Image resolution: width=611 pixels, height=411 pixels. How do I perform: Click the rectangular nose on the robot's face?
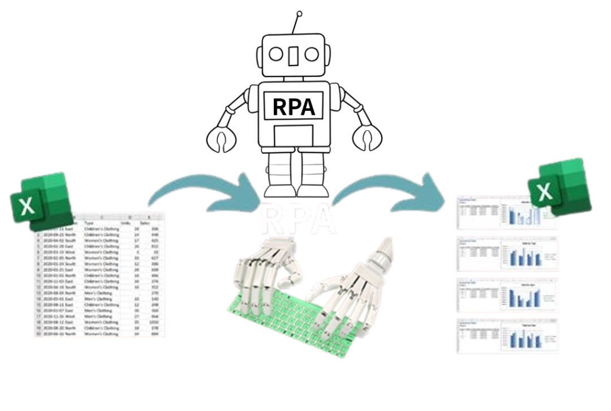pyautogui.click(x=294, y=54)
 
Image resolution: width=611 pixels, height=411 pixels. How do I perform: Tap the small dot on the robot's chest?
pyautogui.click(x=296, y=104)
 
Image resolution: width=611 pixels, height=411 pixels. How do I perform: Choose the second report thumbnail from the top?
pyautogui.click(x=507, y=254)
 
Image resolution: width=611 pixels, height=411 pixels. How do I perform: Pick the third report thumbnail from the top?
pyautogui.click(x=507, y=294)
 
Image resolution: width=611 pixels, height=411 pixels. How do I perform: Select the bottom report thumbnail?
pyautogui.click(x=507, y=336)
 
